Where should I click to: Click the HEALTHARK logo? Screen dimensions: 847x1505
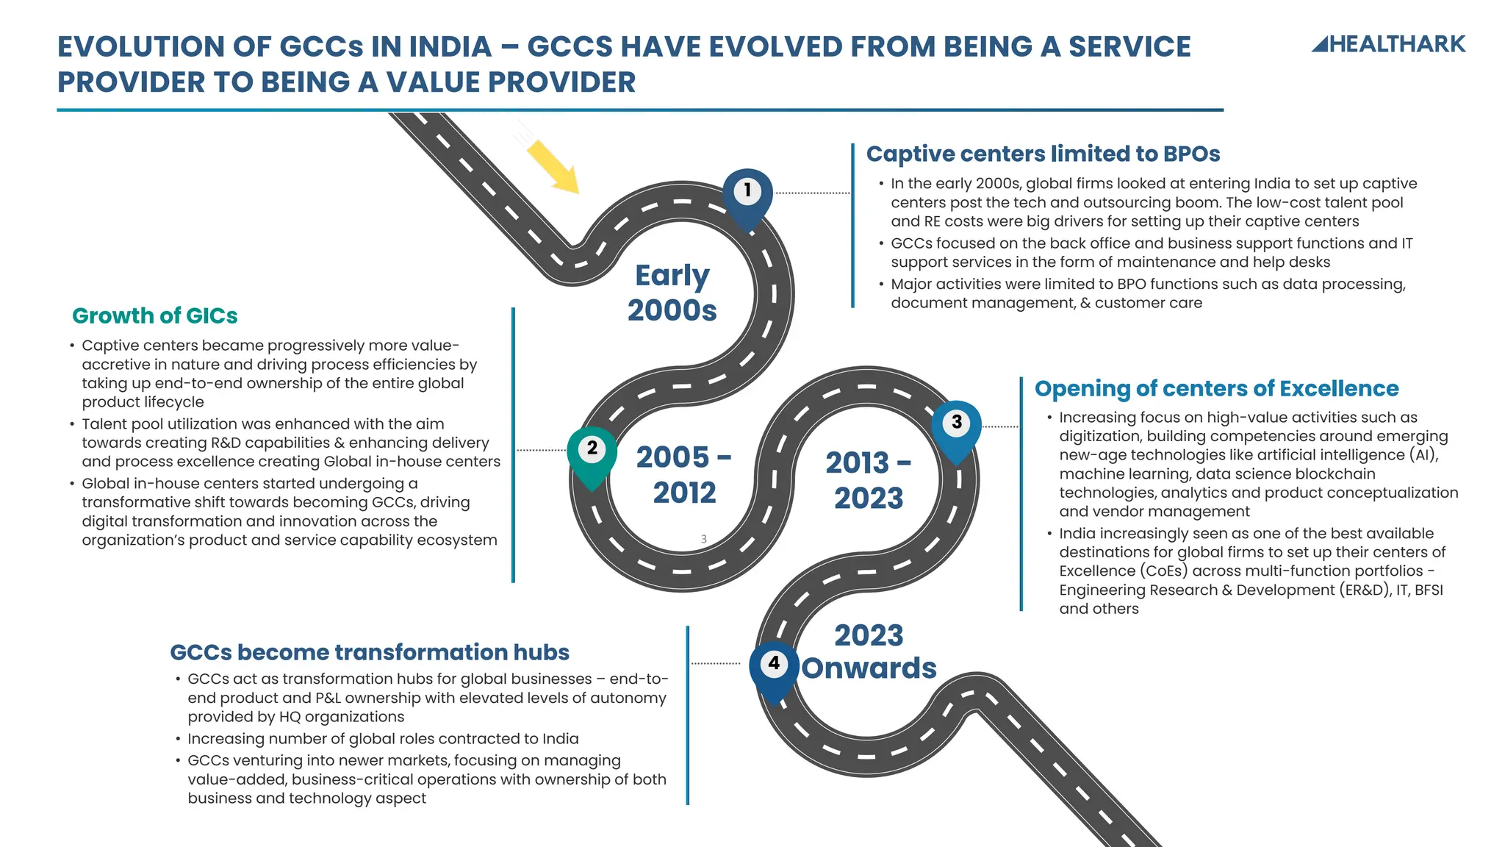(1388, 44)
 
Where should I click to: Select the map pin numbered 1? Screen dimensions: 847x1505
(747, 194)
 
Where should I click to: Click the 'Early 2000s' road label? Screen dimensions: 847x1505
(672, 293)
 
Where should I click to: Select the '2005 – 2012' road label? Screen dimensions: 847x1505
(684, 474)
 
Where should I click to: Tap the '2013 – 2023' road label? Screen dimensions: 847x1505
(868, 480)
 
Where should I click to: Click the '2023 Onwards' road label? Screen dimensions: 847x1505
(869, 651)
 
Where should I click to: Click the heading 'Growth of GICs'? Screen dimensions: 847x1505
(155, 315)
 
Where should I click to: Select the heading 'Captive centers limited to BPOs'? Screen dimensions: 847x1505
(1043, 154)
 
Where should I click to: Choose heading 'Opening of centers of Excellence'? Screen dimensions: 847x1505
(1216, 388)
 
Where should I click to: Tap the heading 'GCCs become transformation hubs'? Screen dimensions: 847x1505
(370, 652)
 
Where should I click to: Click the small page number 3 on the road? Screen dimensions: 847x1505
(703, 539)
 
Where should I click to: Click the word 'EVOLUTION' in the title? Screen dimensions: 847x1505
(140, 47)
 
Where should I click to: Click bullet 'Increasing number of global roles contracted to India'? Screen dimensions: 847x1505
(383, 738)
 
